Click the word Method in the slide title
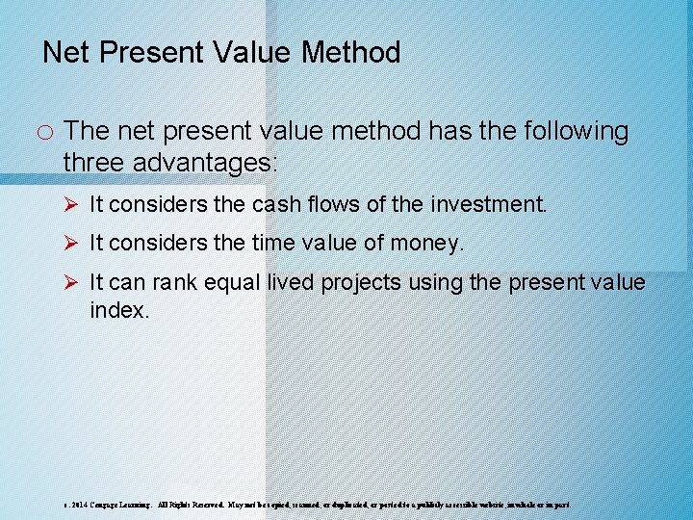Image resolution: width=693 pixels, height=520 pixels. click(350, 52)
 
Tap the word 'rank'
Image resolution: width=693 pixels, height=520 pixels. click(171, 283)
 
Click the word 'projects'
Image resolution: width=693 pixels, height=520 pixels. click(356, 283)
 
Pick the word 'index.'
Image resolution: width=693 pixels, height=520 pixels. click(119, 311)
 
